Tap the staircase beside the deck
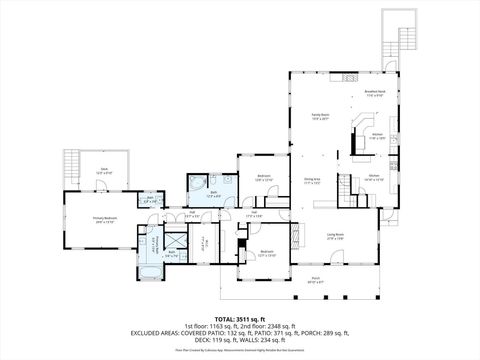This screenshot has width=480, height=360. [70, 163]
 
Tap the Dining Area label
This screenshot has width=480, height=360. [312, 181]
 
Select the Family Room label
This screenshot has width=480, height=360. [320, 117]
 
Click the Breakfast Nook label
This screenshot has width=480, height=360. [376, 93]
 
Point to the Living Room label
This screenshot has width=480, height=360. [336, 237]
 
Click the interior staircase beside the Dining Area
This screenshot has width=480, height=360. [346, 189]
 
